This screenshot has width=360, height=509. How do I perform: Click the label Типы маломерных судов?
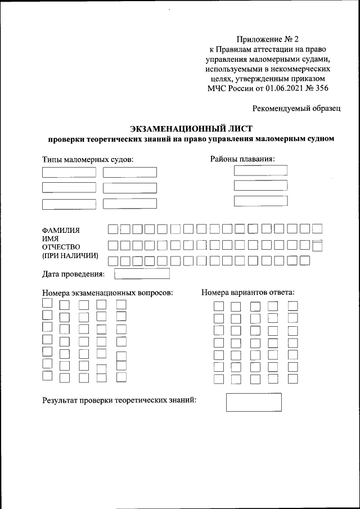click(x=88, y=160)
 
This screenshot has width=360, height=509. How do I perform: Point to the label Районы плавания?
click(x=242, y=159)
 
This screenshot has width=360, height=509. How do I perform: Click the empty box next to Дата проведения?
click(x=142, y=274)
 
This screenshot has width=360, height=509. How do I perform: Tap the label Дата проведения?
click(x=74, y=274)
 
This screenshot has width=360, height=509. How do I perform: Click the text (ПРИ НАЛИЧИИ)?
click(x=70, y=256)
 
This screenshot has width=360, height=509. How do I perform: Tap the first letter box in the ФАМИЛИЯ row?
click(x=113, y=229)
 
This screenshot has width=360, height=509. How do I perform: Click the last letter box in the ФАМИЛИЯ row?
click(x=317, y=228)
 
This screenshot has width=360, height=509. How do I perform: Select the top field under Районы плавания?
click(x=260, y=170)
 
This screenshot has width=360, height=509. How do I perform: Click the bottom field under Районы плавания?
click(x=260, y=201)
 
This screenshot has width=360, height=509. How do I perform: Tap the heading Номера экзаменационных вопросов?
click(x=107, y=293)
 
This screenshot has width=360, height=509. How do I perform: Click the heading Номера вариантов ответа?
click(x=248, y=292)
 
